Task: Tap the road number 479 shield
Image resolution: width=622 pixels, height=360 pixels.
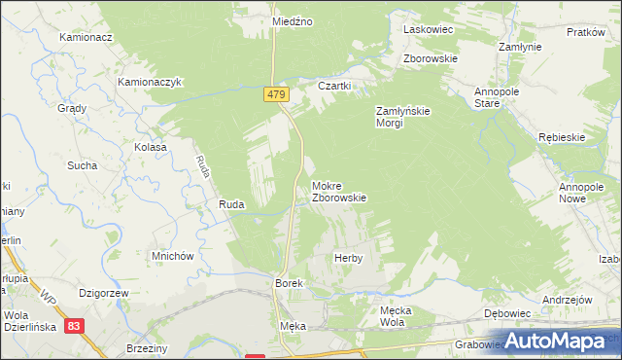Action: pyautogui.click(x=276, y=92)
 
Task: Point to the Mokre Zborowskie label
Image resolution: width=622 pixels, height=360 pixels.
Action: pyautogui.click(x=338, y=191)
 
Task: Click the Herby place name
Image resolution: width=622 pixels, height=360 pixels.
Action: pyautogui.click(x=348, y=258)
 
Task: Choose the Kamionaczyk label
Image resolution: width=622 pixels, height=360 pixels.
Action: pyautogui.click(x=151, y=84)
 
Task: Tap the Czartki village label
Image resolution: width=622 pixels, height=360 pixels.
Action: pyautogui.click(x=334, y=85)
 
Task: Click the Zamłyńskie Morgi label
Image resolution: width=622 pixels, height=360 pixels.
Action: pyautogui.click(x=402, y=117)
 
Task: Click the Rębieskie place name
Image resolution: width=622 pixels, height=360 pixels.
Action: pyautogui.click(x=561, y=137)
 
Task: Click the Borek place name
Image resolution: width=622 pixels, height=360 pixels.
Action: pyautogui.click(x=290, y=282)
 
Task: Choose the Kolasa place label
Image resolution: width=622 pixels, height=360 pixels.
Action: pyautogui.click(x=151, y=147)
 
